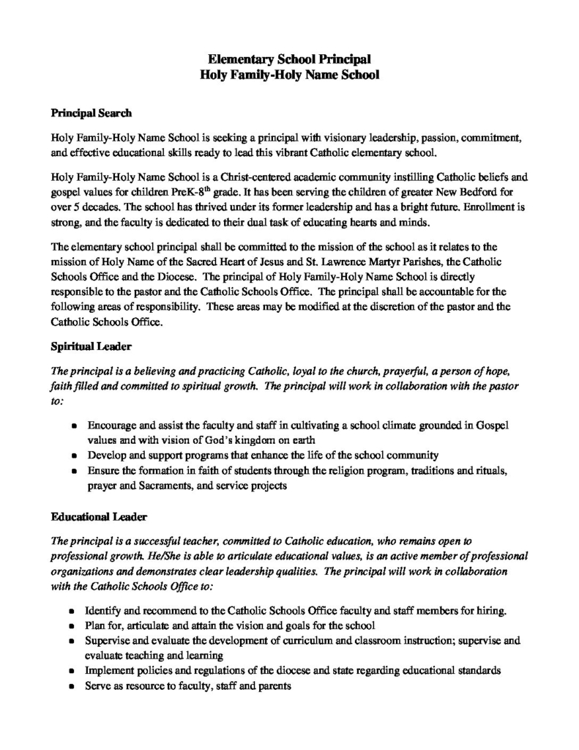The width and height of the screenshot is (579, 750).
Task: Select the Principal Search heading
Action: pos(91,114)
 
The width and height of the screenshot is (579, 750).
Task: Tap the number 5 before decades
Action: pos(77,207)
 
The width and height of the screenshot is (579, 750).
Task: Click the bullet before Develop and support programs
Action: pos(76,456)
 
